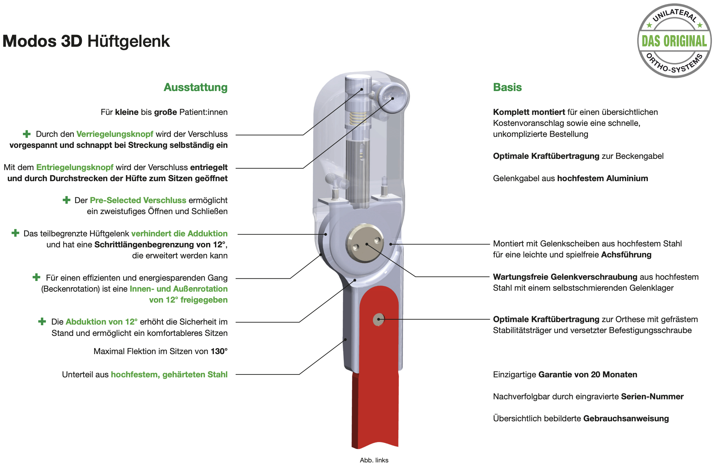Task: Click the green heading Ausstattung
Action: click(196, 87)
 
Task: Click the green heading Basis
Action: click(507, 87)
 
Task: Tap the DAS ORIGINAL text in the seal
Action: click(674, 41)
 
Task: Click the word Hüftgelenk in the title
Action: click(128, 41)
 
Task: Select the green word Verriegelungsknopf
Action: click(115, 134)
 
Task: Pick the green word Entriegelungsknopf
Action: click(75, 167)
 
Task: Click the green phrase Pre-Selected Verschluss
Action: click(138, 200)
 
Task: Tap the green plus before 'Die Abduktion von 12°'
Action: click(42, 321)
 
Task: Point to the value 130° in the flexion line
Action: click(219, 351)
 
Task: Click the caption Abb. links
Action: click(374, 460)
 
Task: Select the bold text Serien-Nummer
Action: click(652, 396)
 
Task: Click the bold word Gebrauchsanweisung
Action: click(626, 418)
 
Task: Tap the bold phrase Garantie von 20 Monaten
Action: click(588, 375)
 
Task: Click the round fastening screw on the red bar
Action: click(379, 320)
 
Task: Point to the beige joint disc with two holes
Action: click(365, 243)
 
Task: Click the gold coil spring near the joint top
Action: click(357, 118)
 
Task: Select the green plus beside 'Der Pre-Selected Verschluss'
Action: click(67, 200)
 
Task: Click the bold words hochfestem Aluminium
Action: click(603, 178)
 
